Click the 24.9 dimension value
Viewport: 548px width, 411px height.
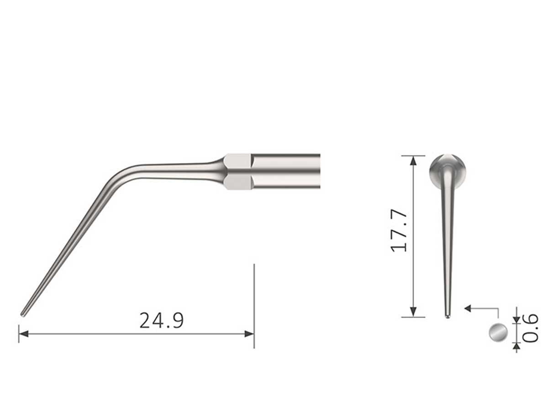[x=162, y=321]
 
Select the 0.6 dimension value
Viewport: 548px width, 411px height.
[x=530, y=328]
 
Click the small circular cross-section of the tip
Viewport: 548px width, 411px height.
[x=498, y=332]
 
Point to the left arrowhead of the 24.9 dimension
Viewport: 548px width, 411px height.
[x=23, y=334]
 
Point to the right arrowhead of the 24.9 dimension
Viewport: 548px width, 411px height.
[x=249, y=334]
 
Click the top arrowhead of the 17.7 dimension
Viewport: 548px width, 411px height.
[x=413, y=160]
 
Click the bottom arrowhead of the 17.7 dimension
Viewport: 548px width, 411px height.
[x=413, y=312]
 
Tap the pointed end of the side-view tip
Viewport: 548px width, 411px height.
[x=23, y=313]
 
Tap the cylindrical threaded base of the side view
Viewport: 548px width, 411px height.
[x=285, y=171]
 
